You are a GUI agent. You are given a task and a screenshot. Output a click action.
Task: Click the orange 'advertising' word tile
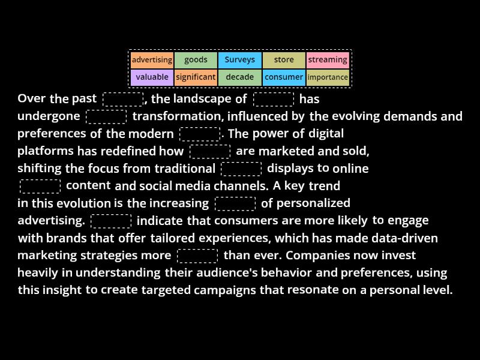(x=152, y=60)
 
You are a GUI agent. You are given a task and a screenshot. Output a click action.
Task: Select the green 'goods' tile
(x=196, y=60)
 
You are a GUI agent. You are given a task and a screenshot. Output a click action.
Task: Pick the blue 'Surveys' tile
(x=239, y=60)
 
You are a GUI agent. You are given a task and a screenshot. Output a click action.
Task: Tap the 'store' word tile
(x=284, y=60)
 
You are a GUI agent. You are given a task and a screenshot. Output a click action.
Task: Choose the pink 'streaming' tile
(x=328, y=60)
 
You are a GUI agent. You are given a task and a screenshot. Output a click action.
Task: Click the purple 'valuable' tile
(x=152, y=77)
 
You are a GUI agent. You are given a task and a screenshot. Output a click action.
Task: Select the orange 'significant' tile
(x=196, y=77)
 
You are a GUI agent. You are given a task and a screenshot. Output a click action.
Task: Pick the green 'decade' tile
(x=239, y=77)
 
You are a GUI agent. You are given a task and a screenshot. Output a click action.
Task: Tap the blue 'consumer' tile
(x=284, y=77)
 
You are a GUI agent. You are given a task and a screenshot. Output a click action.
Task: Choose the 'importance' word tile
(x=328, y=77)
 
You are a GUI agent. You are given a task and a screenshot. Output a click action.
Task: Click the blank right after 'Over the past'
(x=123, y=99)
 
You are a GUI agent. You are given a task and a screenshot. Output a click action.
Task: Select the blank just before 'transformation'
(x=106, y=116)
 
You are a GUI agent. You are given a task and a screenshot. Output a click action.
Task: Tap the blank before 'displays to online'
(x=241, y=169)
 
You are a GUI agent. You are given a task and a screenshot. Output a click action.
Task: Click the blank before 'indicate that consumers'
(x=111, y=221)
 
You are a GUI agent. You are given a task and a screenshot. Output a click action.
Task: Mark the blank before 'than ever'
(x=197, y=256)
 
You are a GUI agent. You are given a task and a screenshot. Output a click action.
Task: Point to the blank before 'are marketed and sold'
(x=210, y=151)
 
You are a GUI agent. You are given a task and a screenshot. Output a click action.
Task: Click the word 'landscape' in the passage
(x=202, y=99)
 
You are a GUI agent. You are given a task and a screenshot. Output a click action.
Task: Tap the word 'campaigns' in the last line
(x=224, y=290)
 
